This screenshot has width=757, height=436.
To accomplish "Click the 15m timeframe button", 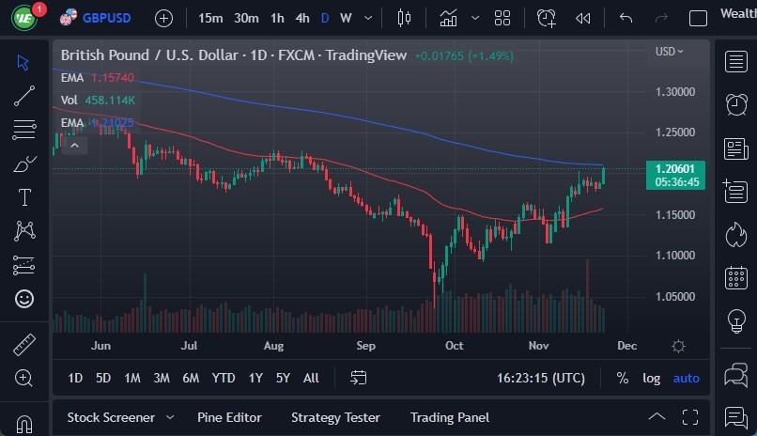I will (210, 18).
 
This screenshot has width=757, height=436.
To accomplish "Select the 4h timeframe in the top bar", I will (301, 18).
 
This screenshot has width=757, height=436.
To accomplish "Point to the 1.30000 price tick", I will (675, 92).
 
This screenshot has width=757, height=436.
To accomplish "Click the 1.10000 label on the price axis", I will (675, 256).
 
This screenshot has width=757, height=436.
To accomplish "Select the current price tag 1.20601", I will (676, 168).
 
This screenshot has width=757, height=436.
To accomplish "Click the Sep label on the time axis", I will (365, 346).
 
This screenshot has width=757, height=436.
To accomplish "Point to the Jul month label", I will (189, 346).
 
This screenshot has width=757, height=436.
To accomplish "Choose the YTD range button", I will (223, 378).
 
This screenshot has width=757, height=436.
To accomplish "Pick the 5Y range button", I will (283, 378).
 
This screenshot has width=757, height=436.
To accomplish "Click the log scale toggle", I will (651, 378).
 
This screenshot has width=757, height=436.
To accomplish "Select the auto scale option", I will (686, 378).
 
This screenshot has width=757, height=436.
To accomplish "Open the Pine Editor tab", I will (229, 417).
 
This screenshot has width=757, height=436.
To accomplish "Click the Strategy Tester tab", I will (335, 417).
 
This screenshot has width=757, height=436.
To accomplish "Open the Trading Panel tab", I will (449, 417).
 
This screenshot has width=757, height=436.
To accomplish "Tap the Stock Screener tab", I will (111, 417).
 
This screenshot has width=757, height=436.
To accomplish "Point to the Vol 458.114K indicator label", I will (98, 100).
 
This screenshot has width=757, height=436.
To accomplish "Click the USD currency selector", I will (669, 52).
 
